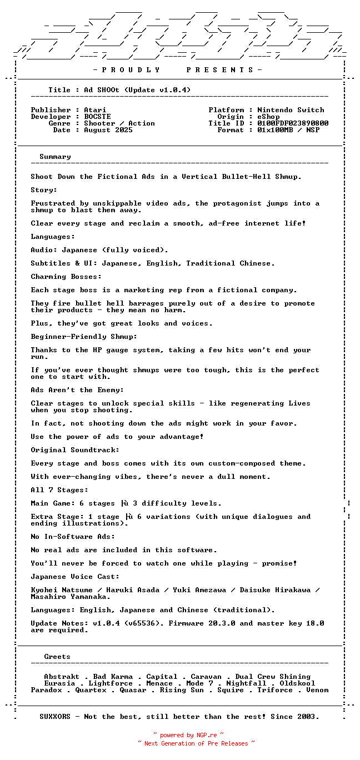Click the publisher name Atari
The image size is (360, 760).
coord(95,110)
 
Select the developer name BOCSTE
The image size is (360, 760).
coord(97,117)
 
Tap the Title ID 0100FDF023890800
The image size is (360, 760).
coord(293,123)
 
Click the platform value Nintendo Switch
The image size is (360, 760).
coord(291,110)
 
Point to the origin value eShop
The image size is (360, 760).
coord(268,117)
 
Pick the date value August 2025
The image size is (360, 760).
coord(108,130)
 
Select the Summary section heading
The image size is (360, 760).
coord(55,157)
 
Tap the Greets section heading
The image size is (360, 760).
coord(57,657)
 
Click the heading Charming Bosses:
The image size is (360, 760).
coord(66,277)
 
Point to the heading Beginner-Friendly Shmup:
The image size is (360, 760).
coord(84,337)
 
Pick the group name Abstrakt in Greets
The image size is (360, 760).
coord(62,677)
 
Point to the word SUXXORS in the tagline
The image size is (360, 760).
coord(55,717)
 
